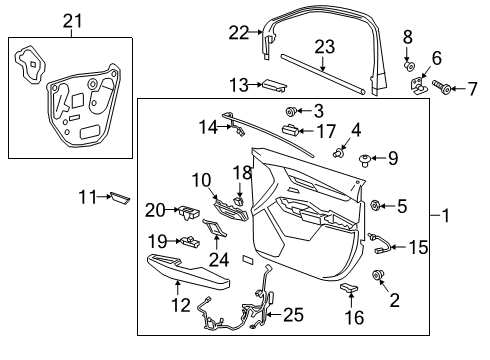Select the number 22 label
point(237,33)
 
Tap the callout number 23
point(324,45)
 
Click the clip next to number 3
point(291,110)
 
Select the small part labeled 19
point(187,240)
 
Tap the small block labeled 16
point(350,288)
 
